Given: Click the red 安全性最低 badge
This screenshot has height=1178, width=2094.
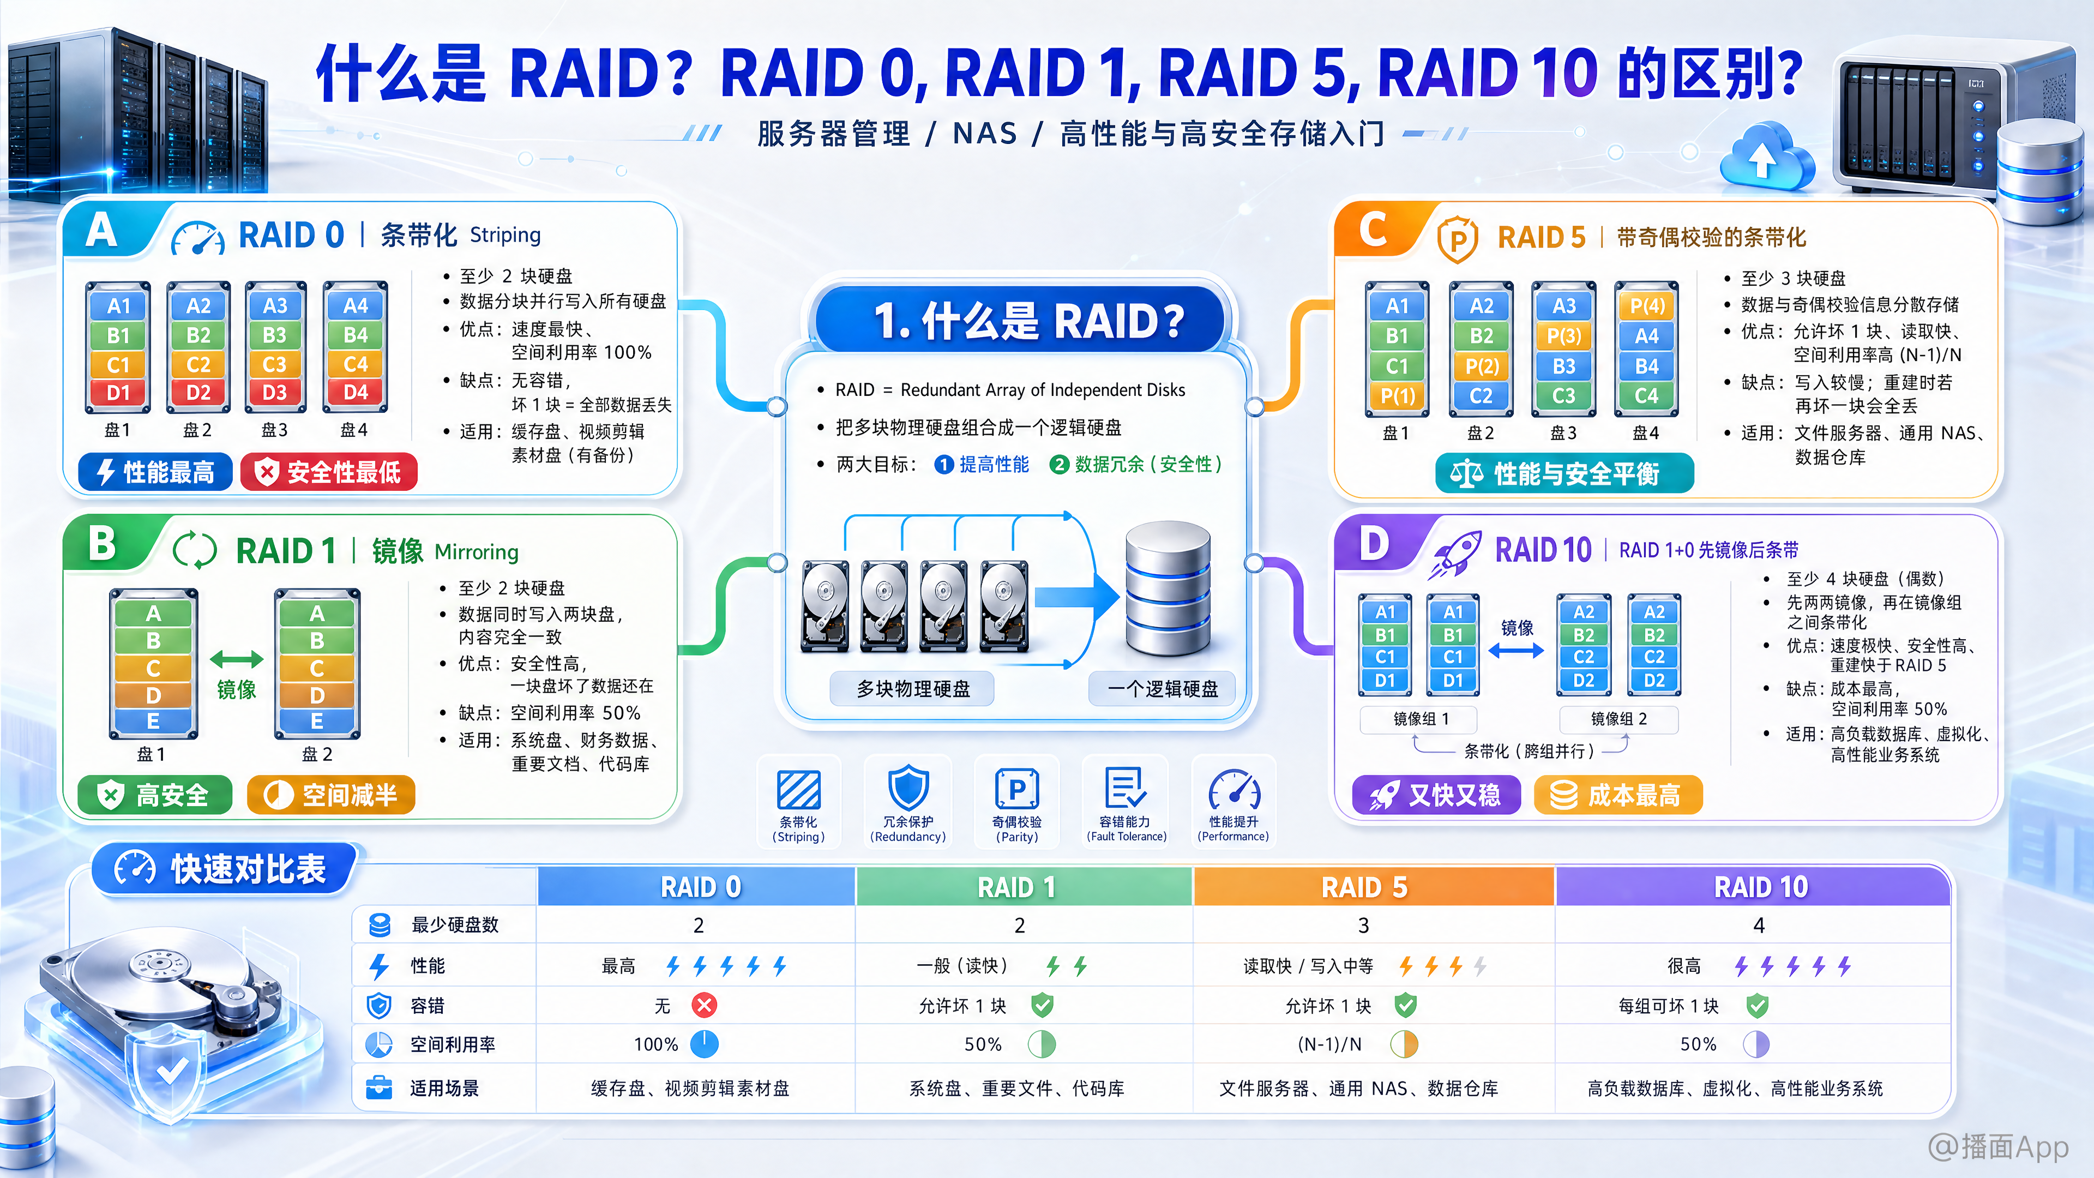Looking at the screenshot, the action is point(329,472).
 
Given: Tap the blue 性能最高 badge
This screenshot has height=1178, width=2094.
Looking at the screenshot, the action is point(155,472).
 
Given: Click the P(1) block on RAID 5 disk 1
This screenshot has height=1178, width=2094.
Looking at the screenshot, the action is point(1397,396).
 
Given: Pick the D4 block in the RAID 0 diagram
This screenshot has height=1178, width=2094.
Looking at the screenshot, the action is point(355,393).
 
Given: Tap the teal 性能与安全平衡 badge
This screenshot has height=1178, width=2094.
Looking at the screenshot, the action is point(1565,473).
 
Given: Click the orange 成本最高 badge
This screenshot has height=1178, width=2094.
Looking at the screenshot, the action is point(1617,794).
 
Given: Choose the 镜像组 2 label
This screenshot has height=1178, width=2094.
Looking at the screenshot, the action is point(1618,719).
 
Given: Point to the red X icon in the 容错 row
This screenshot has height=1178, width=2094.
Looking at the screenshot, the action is point(704,1006).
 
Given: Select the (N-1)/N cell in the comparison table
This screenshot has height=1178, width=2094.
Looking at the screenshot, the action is point(1330,1045).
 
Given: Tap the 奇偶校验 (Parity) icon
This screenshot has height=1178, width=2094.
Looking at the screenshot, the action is point(1017,789).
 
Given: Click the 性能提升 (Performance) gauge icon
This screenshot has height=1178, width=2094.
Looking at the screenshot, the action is point(1234,789).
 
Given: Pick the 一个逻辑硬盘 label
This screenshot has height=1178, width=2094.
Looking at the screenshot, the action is point(1163,689).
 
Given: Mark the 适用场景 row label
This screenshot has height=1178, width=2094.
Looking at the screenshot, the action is point(444,1088).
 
